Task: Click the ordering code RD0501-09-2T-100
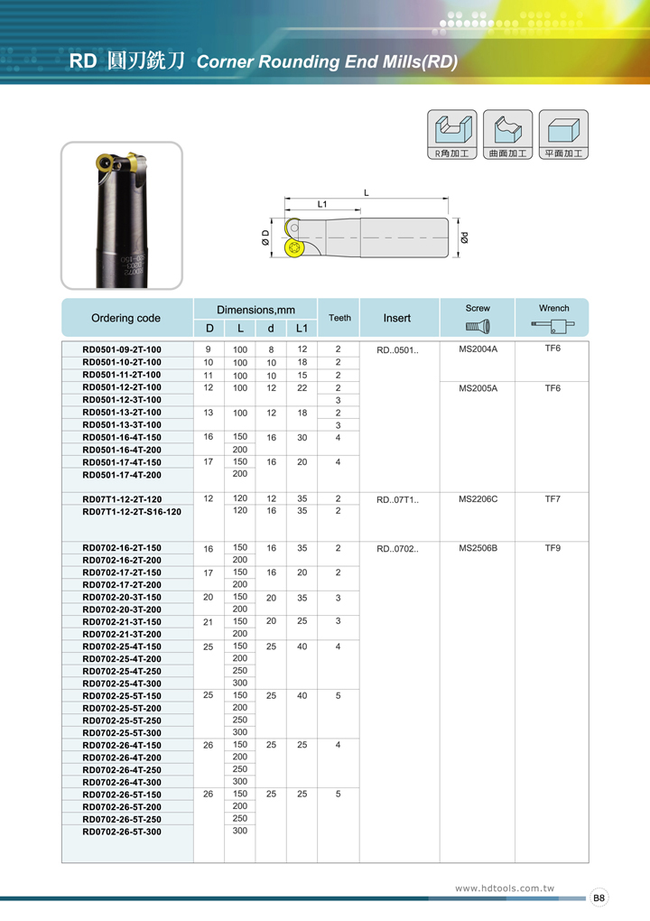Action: (122, 349)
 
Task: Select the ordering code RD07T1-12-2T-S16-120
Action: (131, 511)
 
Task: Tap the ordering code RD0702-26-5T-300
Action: (122, 832)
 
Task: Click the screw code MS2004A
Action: (478, 349)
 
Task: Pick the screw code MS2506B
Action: (478, 548)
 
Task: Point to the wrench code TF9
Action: (553, 548)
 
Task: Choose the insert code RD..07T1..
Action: (397, 499)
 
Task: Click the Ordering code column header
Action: (125, 318)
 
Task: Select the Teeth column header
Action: (339, 318)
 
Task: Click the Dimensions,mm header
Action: (256, 310)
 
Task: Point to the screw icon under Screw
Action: (478, 326)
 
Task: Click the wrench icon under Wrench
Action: (553, 326)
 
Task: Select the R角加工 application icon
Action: (451, 135)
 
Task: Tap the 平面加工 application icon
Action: (563, 135)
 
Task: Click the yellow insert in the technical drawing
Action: (294, 249)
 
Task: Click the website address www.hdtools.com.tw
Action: (504, 888)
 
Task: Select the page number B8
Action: (599, 898)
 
